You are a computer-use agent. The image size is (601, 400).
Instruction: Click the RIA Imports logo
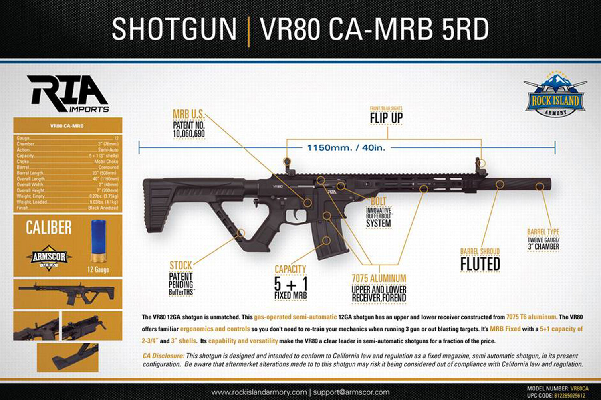coord(68,94)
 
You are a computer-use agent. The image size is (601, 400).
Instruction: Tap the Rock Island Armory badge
coord(555,95)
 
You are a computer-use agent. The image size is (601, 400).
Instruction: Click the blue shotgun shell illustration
coord(98,241)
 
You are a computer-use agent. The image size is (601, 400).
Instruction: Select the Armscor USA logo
coord(49,257)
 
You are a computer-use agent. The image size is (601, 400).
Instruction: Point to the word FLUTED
coord(480,265)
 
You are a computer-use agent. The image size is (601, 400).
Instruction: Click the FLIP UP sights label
coord(386,118)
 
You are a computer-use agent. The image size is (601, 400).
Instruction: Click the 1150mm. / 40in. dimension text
coord(346,148)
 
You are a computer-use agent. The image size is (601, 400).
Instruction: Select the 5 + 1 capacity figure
coord(291,284)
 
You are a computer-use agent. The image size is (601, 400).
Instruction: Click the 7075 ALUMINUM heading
coord(379,278)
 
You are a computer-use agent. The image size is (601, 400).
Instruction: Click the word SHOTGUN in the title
coord(174,29)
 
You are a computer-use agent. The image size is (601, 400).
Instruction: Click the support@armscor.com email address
coord(351,392)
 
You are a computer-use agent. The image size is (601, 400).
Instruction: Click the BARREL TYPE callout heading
coord(543,232)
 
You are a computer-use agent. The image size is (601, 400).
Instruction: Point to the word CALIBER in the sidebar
coord(49,228)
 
